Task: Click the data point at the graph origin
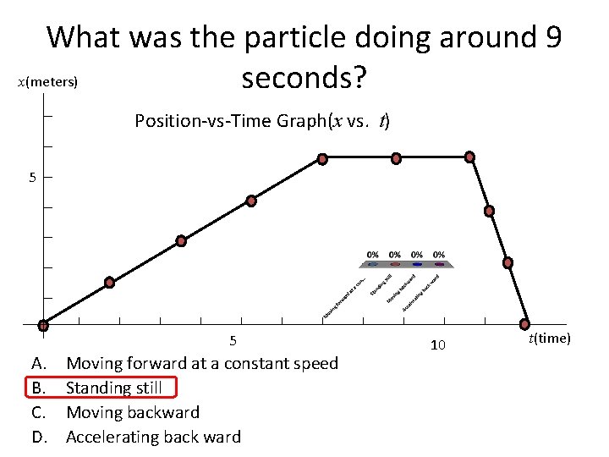pos(43,325)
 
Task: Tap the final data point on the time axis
pos(525,324)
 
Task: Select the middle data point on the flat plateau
pos(395,158)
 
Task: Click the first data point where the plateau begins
pos(322,158)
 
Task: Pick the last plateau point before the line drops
pos(469,157)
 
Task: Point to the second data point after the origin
pos(181,240)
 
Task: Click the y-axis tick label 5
pos(32,178)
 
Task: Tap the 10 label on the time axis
pos(437,345)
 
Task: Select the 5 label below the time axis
pos(233,341)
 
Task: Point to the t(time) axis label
pos(550,339)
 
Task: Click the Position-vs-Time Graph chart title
pos(261,121)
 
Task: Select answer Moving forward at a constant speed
pos(201,363)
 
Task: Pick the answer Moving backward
pos(133,412)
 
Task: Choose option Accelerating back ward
pos(153,437)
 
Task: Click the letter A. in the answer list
pos(39,363)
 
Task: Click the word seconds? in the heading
pos(304,79)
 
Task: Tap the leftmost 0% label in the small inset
pos(373,254)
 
